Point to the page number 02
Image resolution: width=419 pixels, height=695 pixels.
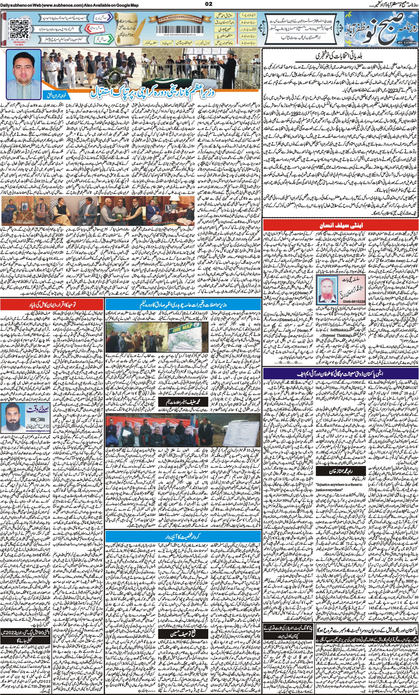[x=209, y=4]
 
